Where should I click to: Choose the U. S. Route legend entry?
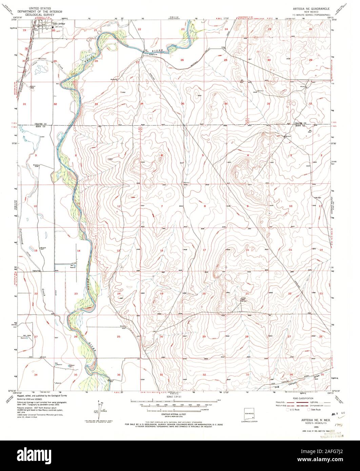[x=294, y=409]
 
